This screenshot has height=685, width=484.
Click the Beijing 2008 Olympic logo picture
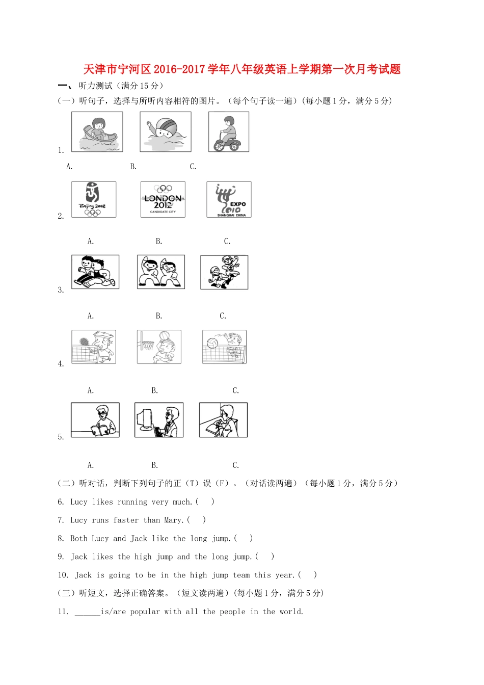94,199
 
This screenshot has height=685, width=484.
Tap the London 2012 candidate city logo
163,199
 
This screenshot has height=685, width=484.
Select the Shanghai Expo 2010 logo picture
229,199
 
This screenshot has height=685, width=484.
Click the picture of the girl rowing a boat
97,131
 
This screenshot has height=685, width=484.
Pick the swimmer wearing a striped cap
166,131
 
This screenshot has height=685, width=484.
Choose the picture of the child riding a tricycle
229,131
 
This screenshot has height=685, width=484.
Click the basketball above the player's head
165,335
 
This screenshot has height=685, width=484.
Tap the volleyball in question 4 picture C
212,343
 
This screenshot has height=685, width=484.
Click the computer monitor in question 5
145,419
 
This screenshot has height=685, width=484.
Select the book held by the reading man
99,429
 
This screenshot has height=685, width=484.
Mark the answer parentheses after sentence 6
205,502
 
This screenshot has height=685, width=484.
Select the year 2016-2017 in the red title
179,69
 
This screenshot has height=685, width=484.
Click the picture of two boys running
95,272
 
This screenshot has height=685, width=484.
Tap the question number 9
61,557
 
